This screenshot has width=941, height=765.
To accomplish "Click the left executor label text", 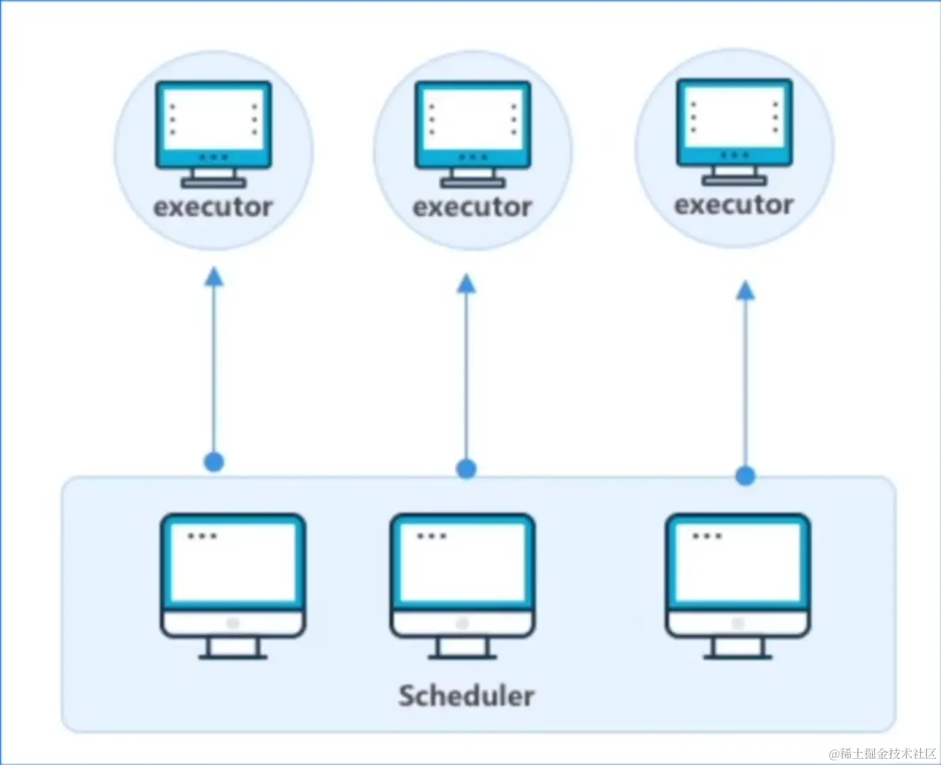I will click(x=213, y=207).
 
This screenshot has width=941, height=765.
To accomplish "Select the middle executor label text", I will click(x=472, y=207).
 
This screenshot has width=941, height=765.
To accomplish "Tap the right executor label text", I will click(x=734, y=204).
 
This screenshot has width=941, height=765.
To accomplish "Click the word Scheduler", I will click(x=466, y=695).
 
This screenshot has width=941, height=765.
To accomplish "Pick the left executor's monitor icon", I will click(x=213, y=132).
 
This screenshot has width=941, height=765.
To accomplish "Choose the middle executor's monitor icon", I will click(x=473, y=132).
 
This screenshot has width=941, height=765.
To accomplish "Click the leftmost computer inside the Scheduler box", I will click(x=233, y=584).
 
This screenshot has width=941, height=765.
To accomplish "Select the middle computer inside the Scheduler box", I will click(x=463, y=584).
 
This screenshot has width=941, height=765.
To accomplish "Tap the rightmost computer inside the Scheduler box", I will click(x=738, y=584).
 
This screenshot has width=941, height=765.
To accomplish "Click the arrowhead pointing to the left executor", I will click(x=214, y=277).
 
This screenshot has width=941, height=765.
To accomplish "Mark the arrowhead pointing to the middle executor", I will click(x=466, y=284).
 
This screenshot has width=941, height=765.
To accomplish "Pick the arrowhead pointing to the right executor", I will click(x=745, y=291).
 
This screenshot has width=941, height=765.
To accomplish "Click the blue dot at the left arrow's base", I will click(x=214, y=463).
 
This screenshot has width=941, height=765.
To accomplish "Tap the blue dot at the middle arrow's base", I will click(x=466, y=469).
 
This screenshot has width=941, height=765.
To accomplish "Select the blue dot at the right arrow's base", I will click(x=745, y=476).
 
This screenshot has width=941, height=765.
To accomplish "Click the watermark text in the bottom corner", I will click(x=882, y=754).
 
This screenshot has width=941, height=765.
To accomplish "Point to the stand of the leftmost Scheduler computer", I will click(x=233, y=649).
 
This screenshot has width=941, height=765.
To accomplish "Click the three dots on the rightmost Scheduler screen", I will click(x=707, y=536).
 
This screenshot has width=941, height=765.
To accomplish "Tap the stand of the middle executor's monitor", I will click(x=473, y=178).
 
